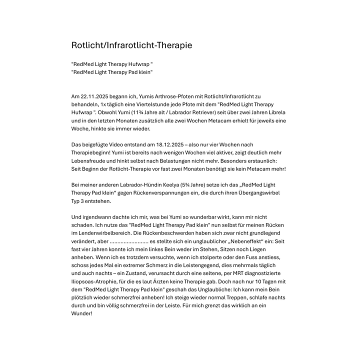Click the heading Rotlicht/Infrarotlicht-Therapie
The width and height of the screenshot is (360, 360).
pos(131,45)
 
